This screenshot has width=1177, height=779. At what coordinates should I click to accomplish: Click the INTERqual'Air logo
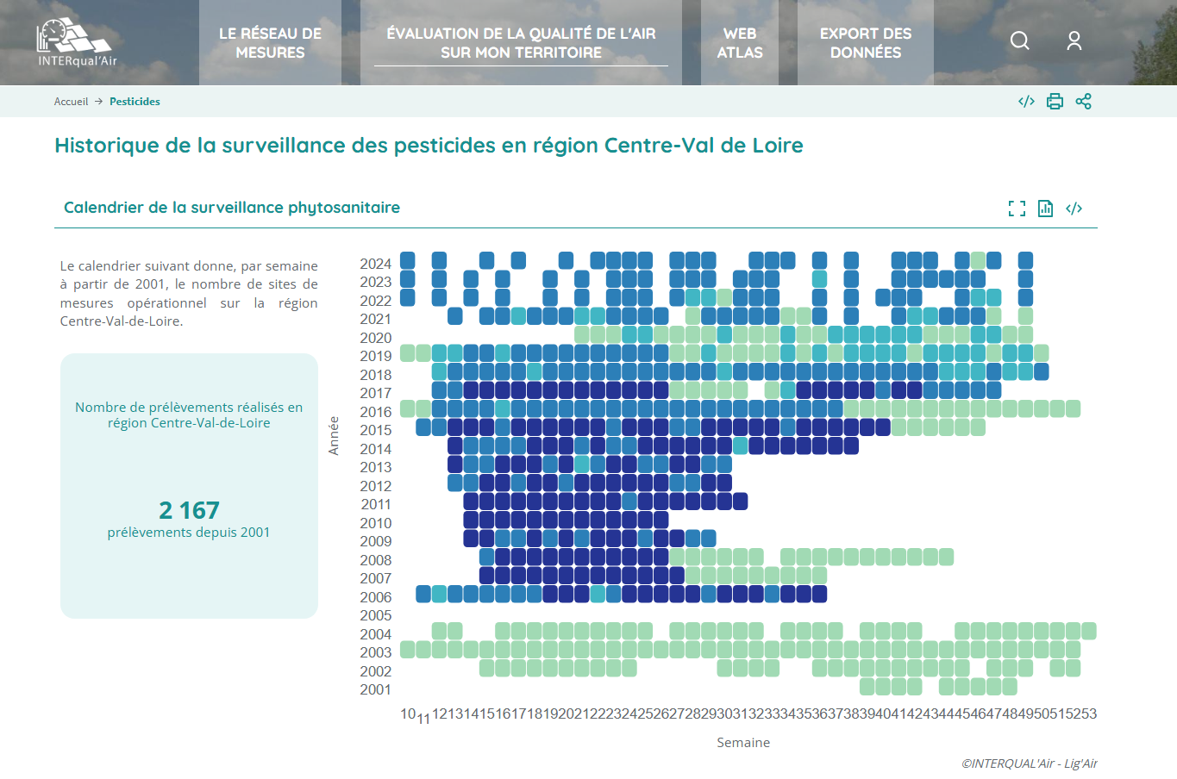[x=76, y=43]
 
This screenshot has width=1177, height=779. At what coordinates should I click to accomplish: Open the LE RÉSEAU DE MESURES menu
[x=270, y=43]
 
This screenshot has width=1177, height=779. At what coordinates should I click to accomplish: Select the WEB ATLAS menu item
[x=740, y=43]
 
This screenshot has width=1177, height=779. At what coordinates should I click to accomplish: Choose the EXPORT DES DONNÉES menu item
[x=865, y=43]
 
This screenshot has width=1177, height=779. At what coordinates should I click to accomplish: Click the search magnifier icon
[x=1019, y=41]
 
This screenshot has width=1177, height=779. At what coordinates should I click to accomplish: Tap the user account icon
[x=1074, y=41]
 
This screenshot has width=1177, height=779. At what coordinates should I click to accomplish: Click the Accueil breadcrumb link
[x=71, y=102]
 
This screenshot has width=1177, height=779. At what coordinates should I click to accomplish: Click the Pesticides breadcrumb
[x=135, y=102]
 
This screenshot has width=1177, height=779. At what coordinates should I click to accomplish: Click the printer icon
[x=1055, y=102]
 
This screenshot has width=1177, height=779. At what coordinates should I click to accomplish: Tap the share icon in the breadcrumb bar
[x=1083, y=102]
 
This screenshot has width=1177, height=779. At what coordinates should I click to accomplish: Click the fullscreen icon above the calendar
[x=1017, y=209]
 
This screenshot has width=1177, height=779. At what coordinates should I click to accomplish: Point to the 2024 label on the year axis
[x=375, y=264]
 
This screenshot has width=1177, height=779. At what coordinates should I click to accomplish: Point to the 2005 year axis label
[x=375, y=615]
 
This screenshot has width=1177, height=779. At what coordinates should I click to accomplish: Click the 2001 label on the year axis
[x=375, y=689]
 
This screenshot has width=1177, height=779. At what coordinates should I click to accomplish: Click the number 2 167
[x=189, y=510]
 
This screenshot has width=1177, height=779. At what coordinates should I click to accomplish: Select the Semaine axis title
[x=743, y=743]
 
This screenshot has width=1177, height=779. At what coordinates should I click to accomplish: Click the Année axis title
[x=334, y=436]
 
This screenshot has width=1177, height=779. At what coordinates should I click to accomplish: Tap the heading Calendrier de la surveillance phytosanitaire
[x=232, y=208]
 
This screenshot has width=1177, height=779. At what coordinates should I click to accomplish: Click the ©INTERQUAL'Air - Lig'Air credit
[x=1029, y=763]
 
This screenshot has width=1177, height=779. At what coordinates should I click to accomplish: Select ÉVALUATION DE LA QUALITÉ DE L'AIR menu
[x=521, y=43]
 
